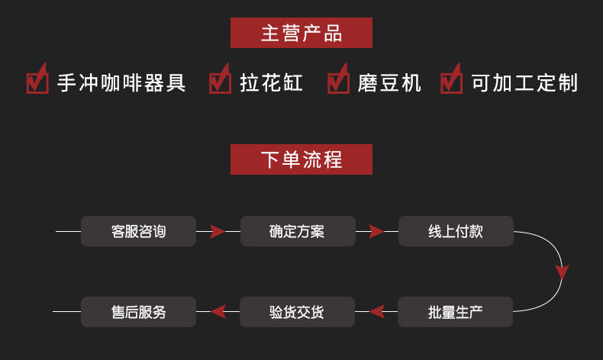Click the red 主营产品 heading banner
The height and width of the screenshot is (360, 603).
coord(301,33)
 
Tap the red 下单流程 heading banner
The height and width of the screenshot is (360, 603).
coord(301,159)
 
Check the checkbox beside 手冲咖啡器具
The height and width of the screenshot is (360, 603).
coord(37,79)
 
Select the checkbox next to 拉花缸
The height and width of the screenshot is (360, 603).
coord(220,79)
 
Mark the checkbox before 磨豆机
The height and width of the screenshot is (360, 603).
coord(338,79)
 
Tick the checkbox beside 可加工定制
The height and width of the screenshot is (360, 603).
coord(451,79)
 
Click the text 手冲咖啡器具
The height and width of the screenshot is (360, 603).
coord(121,83)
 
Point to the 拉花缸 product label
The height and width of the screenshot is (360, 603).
coord(272,83)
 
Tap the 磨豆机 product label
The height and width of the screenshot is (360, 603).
coord(389,83)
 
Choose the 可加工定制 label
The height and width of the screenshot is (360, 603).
coord(525,83)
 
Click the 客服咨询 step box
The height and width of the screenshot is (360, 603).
coord(138,231)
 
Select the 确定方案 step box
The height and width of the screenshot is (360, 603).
coord(298,231)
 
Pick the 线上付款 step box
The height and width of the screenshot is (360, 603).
coord(456,231)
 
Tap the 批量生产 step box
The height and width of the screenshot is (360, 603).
coord(456,312)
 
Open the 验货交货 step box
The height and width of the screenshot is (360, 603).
coord(297,312)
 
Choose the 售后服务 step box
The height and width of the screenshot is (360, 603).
coord(138,312)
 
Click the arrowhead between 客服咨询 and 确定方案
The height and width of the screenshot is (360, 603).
coord(218,231)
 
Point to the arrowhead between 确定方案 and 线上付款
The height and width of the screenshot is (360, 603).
coord(376,231)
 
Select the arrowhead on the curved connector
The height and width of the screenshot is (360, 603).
coord(563,272)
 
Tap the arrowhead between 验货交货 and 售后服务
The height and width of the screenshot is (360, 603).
coord(218,312)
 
